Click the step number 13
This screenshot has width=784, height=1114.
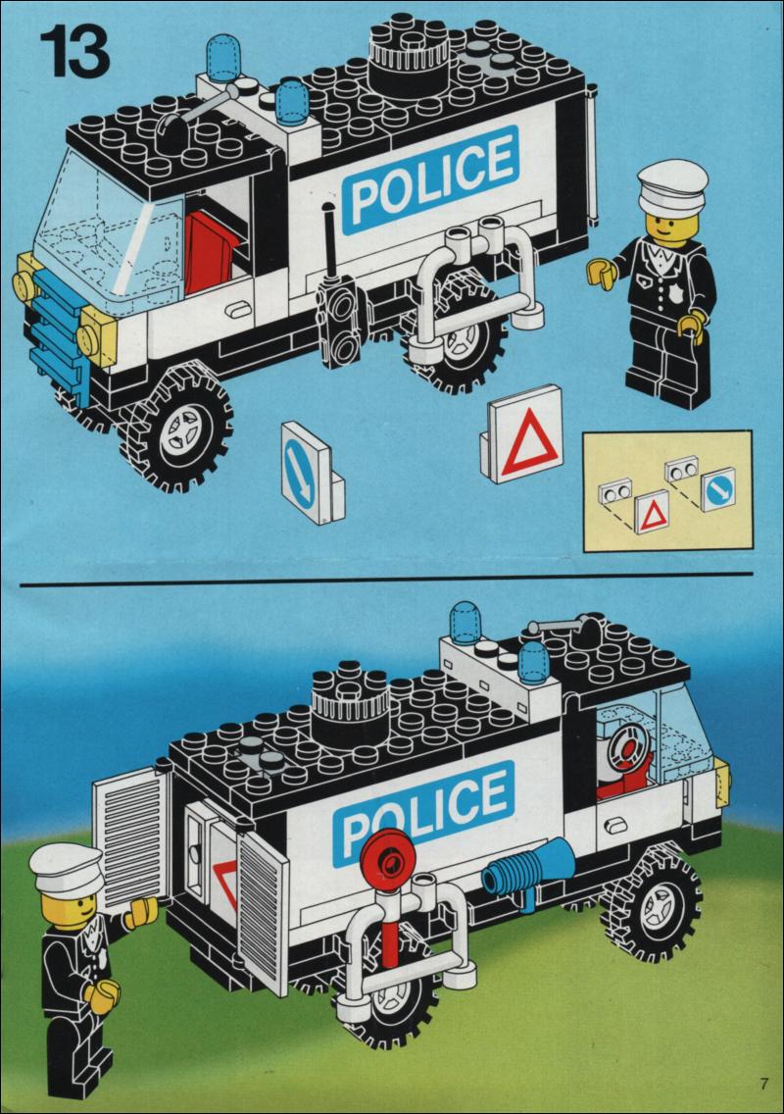(74, 52)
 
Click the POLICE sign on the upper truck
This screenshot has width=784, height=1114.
(431, 179)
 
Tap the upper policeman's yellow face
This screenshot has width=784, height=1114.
(668, 228)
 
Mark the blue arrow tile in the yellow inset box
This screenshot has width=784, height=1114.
(718, 488)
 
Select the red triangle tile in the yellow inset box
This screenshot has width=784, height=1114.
(652, 512)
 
